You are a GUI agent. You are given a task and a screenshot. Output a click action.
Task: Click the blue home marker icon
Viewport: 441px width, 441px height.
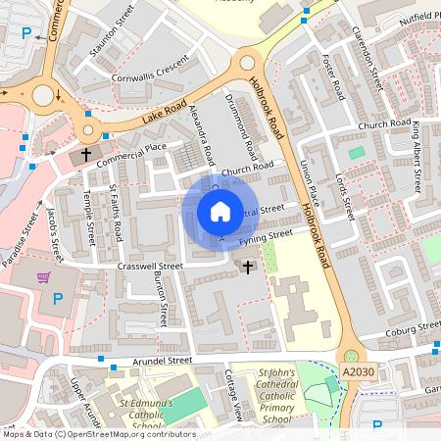click(220, 212)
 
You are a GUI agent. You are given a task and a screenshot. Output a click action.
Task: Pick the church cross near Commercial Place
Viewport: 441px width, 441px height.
click(85, 155)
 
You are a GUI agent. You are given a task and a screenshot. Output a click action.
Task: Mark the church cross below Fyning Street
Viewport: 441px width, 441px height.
click(247, 266)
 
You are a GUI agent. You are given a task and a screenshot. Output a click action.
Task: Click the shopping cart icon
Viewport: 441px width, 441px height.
click(43, 277)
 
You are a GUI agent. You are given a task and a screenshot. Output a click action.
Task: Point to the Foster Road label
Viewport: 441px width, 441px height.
click(331, 79)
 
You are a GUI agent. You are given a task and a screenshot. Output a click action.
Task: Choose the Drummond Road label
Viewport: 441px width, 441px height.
click(243, 128)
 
